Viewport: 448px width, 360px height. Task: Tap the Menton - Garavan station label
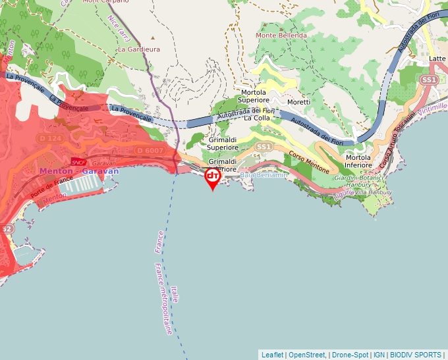pyautogui.click(x=79, y=171)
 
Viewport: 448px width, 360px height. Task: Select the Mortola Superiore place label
pyautogui.click(x=254, y=97)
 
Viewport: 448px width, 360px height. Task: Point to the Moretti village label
pyautogui.click(x=298, y=102)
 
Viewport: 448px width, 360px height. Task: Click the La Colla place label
pyautogui.click(x=257, y=118)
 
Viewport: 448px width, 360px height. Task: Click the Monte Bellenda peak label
pyautogui.click(x=281, y=35)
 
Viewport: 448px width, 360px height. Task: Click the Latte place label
pyautogui.click(x=437, y=59)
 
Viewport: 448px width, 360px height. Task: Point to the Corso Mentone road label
pyautogui.click(x=309, y=162)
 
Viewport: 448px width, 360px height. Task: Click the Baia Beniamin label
pyautogui.click(x=263, y=175)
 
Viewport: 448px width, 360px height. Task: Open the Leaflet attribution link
pyautogui.click(x=273, y=354)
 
